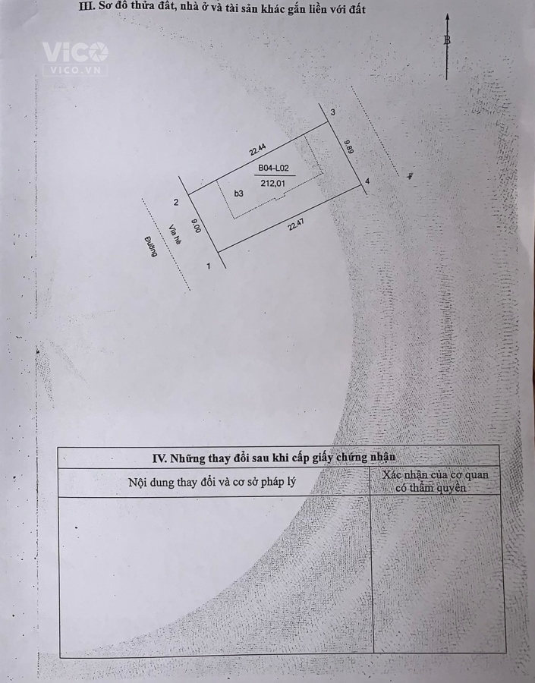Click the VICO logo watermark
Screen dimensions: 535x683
coord(74,58)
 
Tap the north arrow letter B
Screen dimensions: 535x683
coord(447,40)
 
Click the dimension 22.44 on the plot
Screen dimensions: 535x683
coord(257,150)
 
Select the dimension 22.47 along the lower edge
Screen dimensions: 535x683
coord(296,225)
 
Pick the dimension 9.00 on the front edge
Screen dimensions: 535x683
coord(196,225)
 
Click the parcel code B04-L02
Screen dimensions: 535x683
coord(273,168)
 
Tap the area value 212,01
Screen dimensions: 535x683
coord(272,184)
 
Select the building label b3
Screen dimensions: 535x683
coord(238,194)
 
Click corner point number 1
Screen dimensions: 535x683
coord(209,266)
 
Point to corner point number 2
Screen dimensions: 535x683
coord(176,202)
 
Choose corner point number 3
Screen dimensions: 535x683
coord(333,112)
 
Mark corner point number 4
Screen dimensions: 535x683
coord(367,181)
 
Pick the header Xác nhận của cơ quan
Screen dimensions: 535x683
coord(436,475)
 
